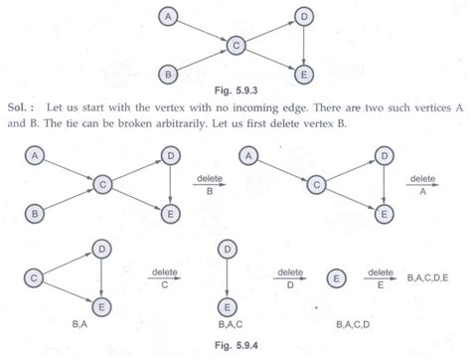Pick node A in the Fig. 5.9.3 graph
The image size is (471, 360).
[x=170, y=17]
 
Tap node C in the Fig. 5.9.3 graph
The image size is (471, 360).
[x=236, y=45]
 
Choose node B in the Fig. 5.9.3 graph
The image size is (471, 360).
[x=170, y=73]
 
